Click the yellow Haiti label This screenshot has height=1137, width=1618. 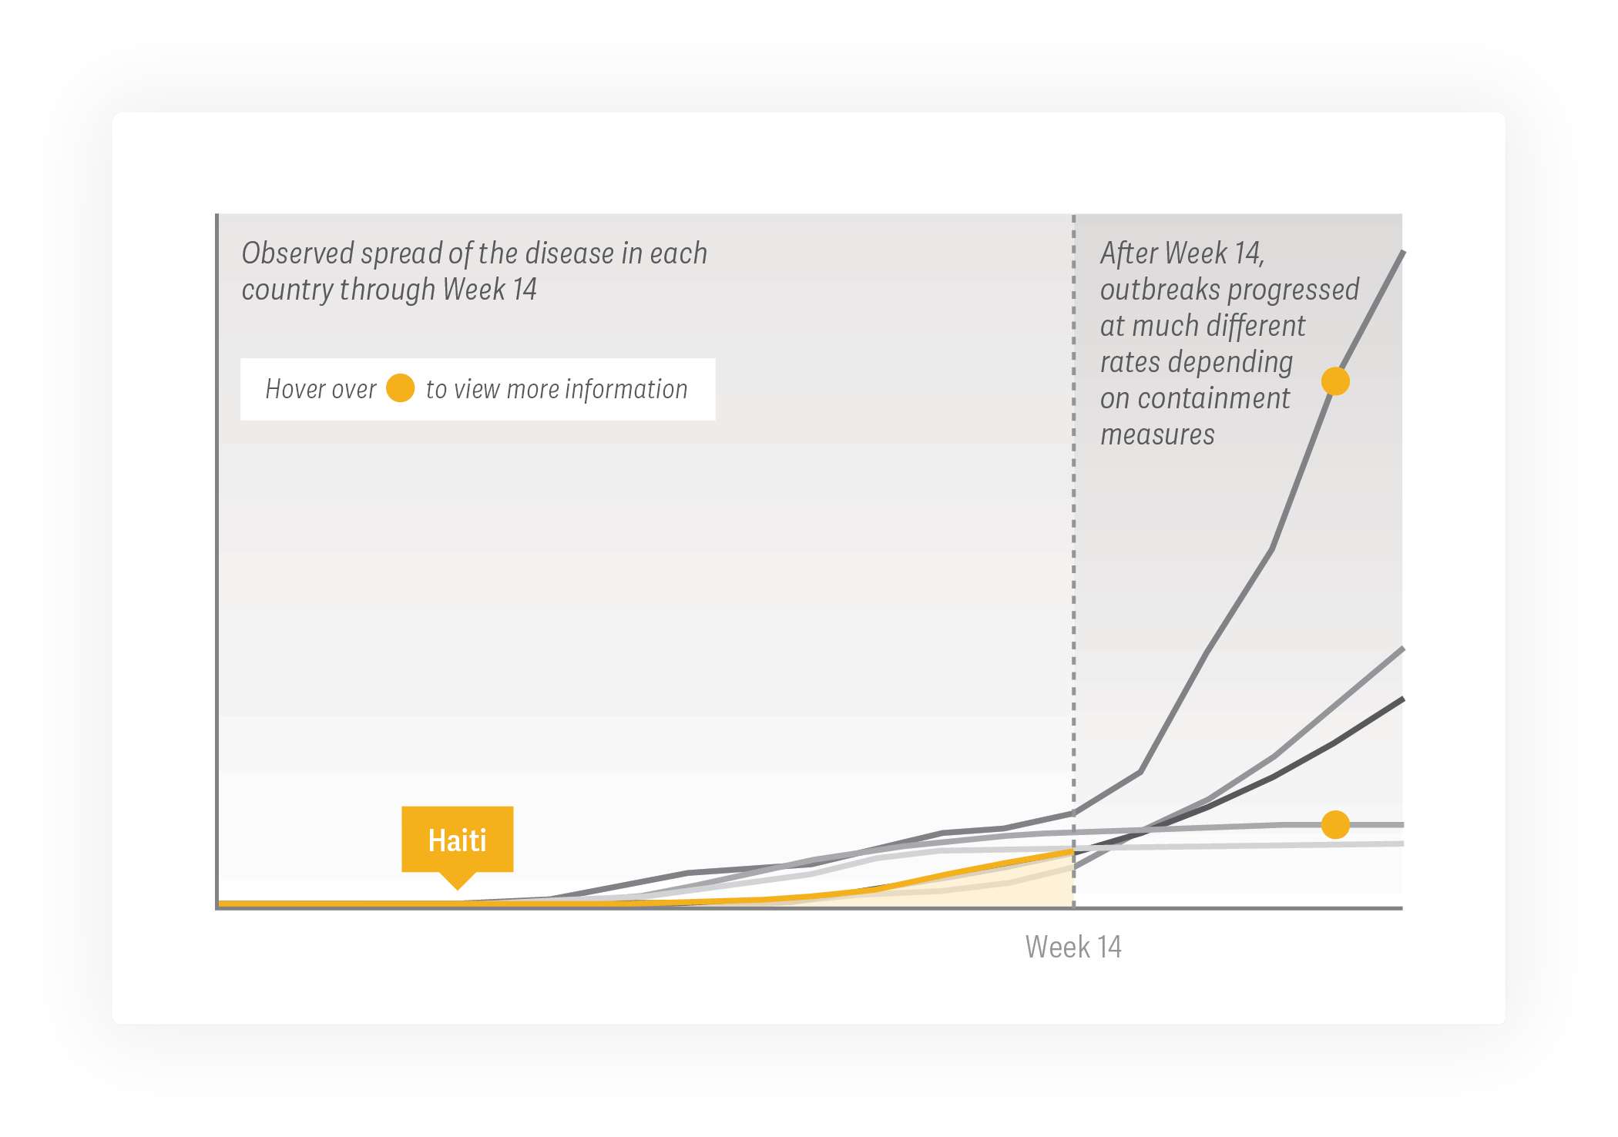[457, 840]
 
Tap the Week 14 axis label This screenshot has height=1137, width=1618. [1073, 947]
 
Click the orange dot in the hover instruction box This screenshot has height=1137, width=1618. [400, 388]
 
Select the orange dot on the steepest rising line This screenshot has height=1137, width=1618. [1335, 381]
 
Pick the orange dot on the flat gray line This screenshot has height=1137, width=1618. [1335, 824]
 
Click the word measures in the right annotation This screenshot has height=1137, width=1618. [1157, 434]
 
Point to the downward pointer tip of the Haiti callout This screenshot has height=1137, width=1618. [458, 890]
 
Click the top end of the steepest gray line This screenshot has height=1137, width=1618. [1404, 251]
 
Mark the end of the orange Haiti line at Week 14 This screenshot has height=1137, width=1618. [1073, 851]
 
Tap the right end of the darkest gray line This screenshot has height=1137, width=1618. [1404, 699]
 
